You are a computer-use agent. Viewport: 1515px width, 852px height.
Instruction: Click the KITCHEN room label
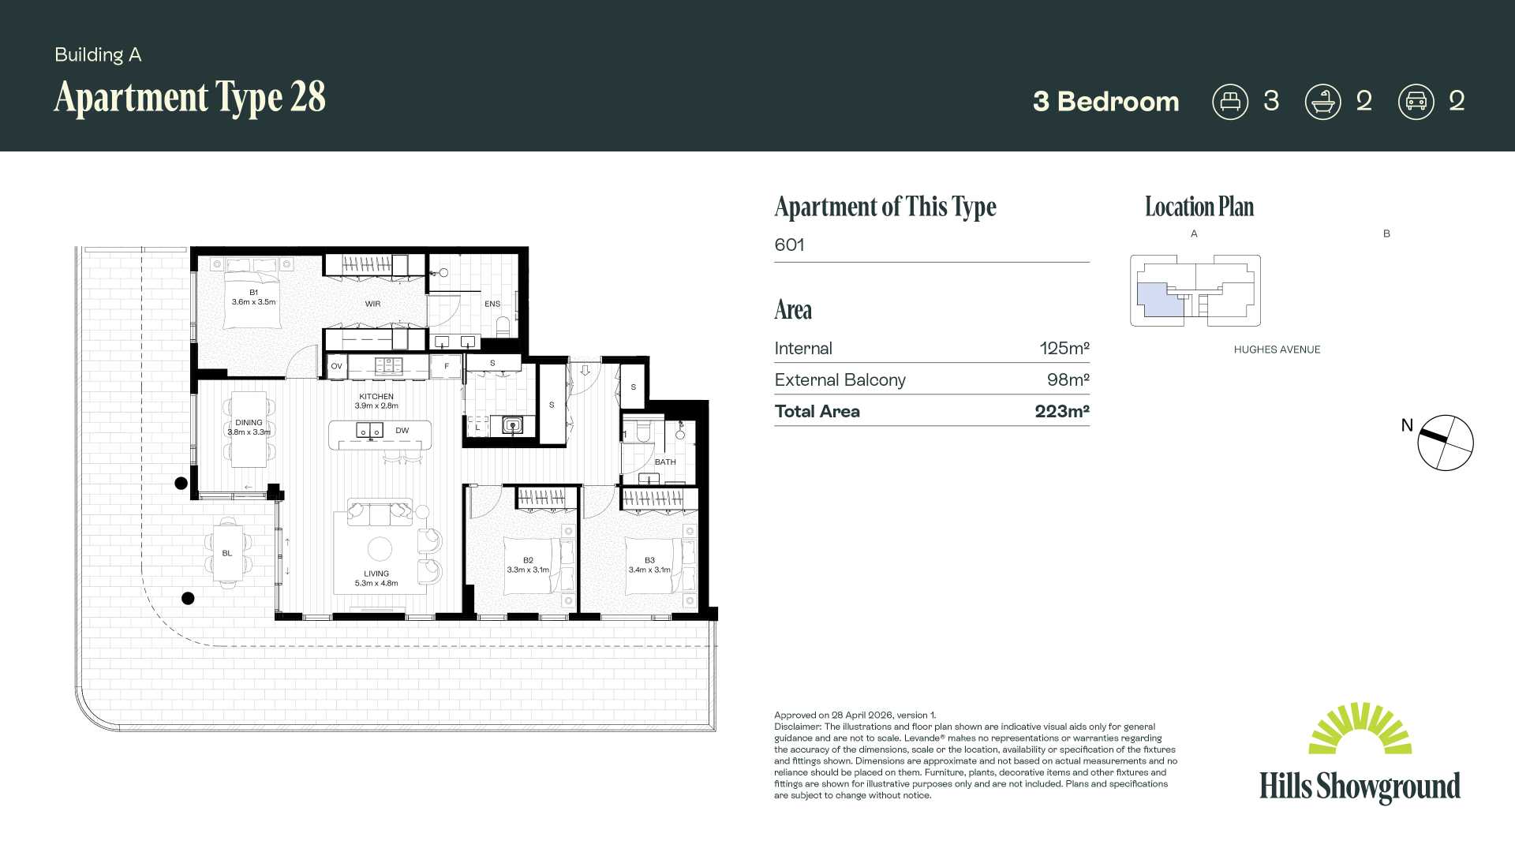[376, 397]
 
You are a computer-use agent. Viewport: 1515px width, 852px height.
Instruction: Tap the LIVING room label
[376, 574]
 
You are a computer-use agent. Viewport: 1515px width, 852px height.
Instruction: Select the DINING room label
[249, 423]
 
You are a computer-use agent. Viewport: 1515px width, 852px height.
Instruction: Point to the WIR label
[372, 304]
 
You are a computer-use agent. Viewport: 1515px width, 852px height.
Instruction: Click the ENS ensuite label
[492, 304]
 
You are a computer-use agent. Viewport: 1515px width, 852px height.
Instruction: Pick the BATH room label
[665, 462]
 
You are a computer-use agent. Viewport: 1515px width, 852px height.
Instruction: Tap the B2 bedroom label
[528, 561]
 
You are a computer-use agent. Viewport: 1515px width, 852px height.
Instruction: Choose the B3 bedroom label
[649, 561]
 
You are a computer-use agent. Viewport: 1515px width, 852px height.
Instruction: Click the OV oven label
[336, 366]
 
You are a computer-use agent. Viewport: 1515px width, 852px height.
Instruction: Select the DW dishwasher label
[402, 431]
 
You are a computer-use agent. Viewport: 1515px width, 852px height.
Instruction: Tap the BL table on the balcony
[227, 553]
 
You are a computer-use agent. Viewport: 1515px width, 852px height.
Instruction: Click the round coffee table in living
[380, 548]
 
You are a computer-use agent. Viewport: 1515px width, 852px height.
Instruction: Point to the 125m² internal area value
[1064, 348]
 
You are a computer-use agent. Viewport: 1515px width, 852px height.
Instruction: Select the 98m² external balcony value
[1068, 379]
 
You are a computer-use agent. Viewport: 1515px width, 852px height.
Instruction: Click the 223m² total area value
[1062, 411]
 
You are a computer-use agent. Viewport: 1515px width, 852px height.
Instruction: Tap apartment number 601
[789, 245]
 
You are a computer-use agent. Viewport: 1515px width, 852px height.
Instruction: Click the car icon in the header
[1416, 102]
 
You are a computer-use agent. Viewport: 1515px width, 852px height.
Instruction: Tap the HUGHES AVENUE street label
[1277, 349]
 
